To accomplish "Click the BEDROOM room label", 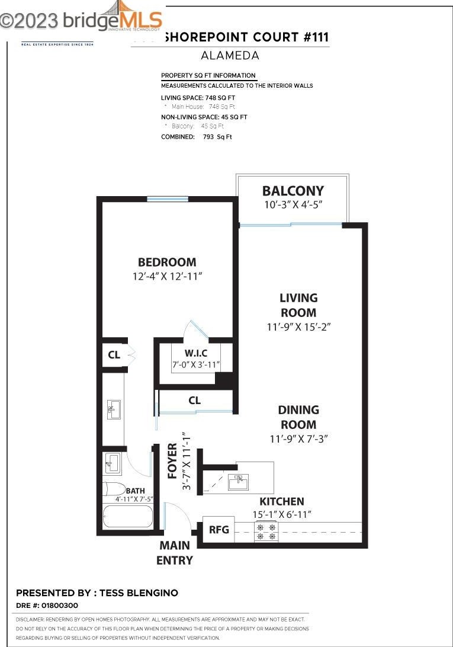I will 167,262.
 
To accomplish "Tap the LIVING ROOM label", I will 298,305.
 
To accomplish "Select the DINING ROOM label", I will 298,417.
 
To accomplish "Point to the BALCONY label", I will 293,191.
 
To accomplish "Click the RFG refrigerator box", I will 219,529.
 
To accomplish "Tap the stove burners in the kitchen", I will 265,531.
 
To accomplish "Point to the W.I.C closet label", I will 195,354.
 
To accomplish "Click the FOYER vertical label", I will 173,461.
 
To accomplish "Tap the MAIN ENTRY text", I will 175,552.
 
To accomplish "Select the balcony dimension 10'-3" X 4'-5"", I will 293,205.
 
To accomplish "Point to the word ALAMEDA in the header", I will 230,56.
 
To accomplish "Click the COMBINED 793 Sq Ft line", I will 197,137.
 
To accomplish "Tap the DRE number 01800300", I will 47,606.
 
